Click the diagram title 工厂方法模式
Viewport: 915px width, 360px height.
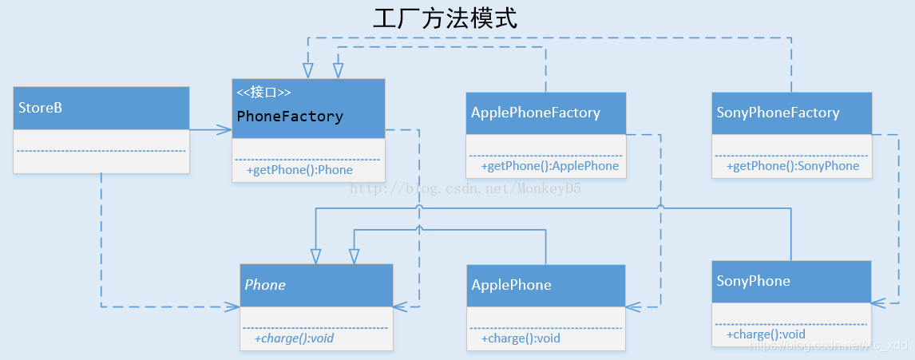tap(445, 18)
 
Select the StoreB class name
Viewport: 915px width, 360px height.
tap(40, 108)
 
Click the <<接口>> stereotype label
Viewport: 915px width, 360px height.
tap(263, 93)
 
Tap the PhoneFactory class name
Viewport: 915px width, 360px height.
tap(290, 117)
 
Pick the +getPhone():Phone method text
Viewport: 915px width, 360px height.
tap(299, 170)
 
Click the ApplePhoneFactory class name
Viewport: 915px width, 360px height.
tap(535, 113)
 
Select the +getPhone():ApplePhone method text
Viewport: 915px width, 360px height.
tap(549, 166)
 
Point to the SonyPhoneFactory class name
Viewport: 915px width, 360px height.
tap(778, 113)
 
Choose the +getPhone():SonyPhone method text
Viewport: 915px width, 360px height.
tap(792, 166)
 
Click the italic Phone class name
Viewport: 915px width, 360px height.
tap(265, 285)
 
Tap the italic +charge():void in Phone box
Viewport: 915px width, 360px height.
tap(294, 338)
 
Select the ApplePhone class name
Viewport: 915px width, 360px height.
tap(511, 285)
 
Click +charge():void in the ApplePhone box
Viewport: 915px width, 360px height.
tap(521, 338)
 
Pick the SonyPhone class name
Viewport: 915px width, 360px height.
tap(753, 281)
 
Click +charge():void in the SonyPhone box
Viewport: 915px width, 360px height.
tap(766, 334)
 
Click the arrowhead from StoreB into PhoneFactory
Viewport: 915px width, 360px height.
tap(226, 129)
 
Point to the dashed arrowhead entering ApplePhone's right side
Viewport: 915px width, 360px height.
tap(632, 307)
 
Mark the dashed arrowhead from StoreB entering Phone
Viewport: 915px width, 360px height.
tap(234, 307)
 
